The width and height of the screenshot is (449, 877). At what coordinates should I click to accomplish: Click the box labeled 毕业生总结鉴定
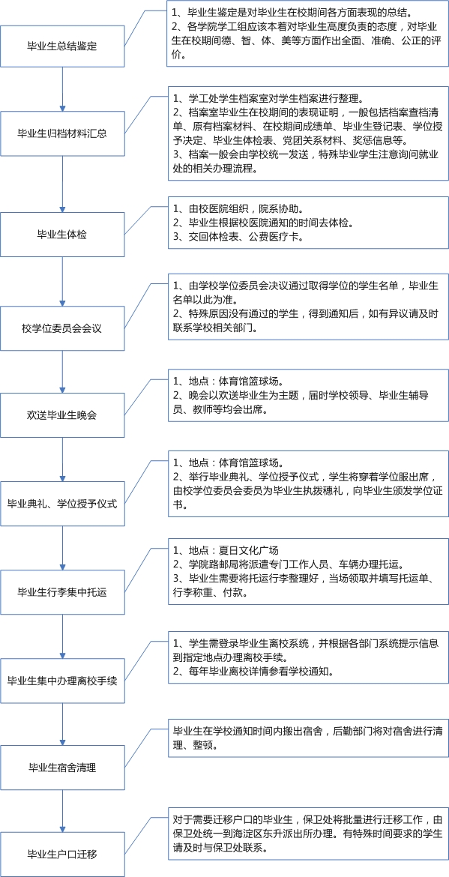click(62, 46)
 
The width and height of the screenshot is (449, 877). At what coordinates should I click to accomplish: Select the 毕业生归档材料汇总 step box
click(62, 133)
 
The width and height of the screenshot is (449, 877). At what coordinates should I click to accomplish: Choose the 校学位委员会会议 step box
click(62, 328)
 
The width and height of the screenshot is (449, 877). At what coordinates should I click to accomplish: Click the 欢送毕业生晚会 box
click(62, 415)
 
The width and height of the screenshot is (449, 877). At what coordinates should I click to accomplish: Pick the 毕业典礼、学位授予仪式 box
click(62, 504)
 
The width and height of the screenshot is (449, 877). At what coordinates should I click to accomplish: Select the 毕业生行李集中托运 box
click(62, 592)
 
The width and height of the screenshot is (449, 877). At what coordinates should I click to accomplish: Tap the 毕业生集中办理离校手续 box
click(62, 681)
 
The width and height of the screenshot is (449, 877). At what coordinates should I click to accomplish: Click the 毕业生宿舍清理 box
click(62, 768)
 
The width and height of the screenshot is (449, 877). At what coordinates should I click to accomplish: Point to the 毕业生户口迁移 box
click(62, 854)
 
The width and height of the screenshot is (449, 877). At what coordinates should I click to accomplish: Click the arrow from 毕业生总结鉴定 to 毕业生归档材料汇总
click(62, 90)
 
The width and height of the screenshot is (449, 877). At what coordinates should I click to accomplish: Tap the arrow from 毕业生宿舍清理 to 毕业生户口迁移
click(62, 811)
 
